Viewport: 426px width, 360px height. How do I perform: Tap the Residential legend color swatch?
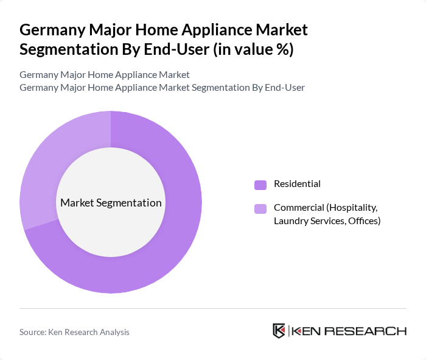coord(260,185)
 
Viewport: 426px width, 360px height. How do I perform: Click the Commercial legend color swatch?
coord(260,209)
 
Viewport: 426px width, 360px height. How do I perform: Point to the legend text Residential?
coord(297,184)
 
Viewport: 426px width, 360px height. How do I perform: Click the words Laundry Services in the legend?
coord(309,221)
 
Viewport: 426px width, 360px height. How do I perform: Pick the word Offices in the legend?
coord(364,221)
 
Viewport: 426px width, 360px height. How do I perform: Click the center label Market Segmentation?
coord(111,203)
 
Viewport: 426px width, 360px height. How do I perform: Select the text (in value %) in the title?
coord(253,49)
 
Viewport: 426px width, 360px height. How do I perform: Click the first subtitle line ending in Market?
coord(105,75)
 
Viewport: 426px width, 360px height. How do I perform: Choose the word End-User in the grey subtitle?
coord(284,88)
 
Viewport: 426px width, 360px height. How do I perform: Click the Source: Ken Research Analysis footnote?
coord(74,332)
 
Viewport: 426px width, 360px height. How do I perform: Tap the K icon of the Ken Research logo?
coord(279,331)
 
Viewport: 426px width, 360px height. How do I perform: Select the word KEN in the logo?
coord(306,331)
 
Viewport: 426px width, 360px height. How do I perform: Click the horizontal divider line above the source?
coord(213,309)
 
